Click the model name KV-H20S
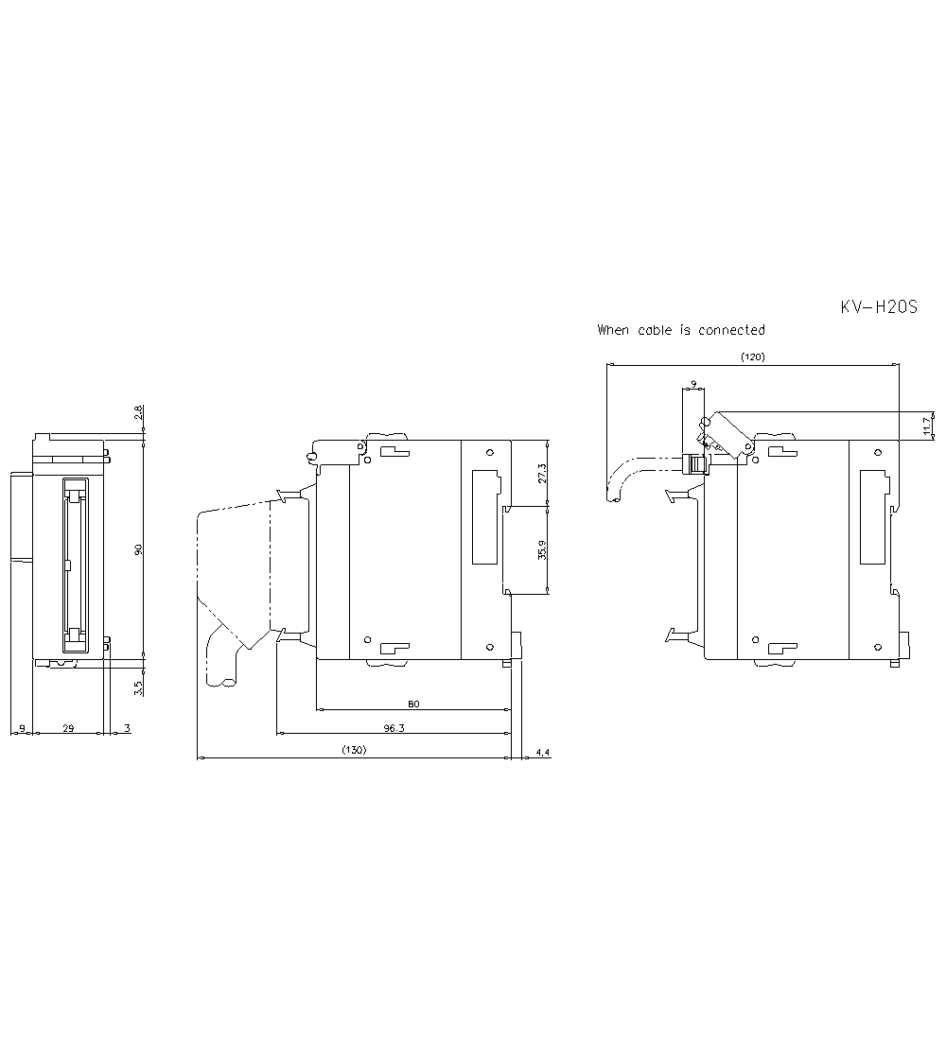(x=879, y=307)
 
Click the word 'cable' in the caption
(x=654, y=330)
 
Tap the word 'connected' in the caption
(x=731, y=330)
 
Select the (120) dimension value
(x=752, y=357)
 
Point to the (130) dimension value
(x=354, y=750)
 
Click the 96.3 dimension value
(x=394, y=728)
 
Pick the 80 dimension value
(x=412, y=704)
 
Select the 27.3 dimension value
(x=541, y=473)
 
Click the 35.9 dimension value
(x=541, y=550)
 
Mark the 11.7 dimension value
(x=928, y=426)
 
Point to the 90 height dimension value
(x=137, y=549)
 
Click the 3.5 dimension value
(x=137, y=687)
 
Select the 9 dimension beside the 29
(x=21, y=728)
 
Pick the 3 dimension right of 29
(x=127, y=728)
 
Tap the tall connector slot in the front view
(x=74, y=565)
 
